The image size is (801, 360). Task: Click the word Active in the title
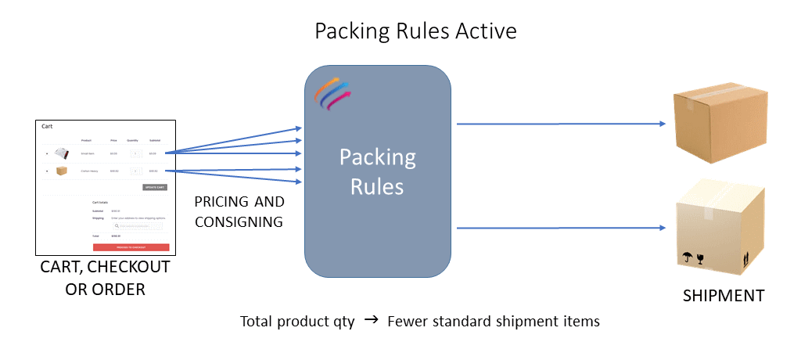pyautogui.click(x=482, y=31)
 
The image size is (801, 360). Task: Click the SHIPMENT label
pyautogui.click(x=724, y=296)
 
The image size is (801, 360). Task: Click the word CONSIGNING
pyautogui.click(x=239, y=221)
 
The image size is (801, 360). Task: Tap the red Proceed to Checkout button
pyautogui.click(x=142, y=247)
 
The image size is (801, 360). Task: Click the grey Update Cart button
pyautogui.click(x=155, y=187)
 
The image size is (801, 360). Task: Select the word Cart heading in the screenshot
pyautogui.click(x=48, y=126)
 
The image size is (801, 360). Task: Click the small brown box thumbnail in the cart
pyautogui.click(x=62, y=171)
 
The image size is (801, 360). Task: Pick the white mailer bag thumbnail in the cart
pyautogui.click(x=61, y=153)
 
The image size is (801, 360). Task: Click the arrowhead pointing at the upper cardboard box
pyautogui.click(x=661, y=124)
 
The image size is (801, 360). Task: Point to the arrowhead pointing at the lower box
pyautogui.click(x=661, y=228)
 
